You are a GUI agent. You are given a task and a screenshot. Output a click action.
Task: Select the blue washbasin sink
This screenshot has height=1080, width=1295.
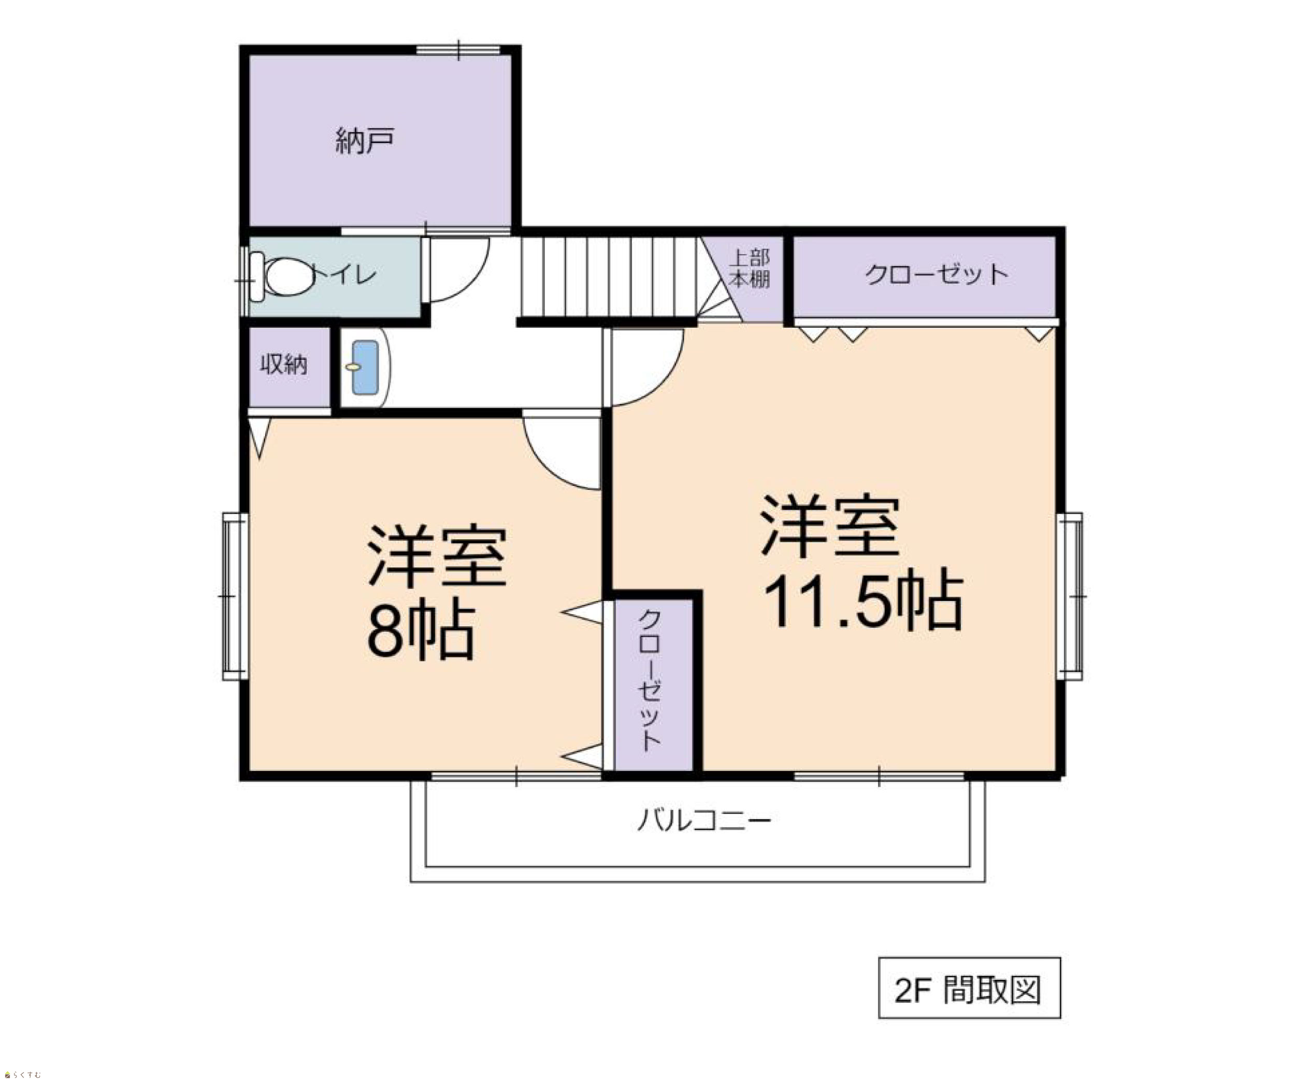[x=365, y=368]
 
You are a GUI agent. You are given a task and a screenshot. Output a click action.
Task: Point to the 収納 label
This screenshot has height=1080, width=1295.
[x=284, y=364]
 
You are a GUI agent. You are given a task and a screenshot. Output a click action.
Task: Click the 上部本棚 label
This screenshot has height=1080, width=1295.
[x=750, y=269]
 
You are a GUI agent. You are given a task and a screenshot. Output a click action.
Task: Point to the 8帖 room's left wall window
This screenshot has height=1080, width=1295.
[x=235, y=596]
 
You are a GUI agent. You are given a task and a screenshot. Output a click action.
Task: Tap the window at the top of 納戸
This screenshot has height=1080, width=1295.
[x=458, y=49]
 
